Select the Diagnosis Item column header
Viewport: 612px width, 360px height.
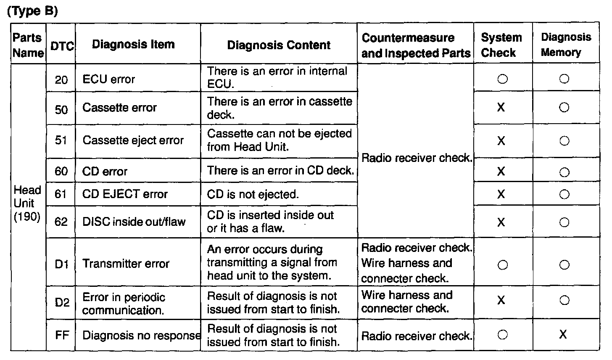click(133, 44)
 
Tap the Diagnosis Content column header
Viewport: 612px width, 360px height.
click(279, 45)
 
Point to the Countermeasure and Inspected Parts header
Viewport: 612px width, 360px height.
click(416, 45)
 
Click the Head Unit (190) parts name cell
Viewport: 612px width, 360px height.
click(28, 204)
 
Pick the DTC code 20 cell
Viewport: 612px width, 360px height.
click(61, 79)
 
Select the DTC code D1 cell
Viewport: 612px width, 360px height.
click(61, 264)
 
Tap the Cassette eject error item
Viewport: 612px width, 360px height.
click(133, 140)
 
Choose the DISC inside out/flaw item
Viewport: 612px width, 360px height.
click(134, 222)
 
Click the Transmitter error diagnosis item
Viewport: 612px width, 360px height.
click(126, 264)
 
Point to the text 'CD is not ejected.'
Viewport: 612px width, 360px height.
click(253, 195)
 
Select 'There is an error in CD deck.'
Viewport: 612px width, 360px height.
click(280, 171)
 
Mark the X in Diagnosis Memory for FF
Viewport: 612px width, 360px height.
click(563, 334)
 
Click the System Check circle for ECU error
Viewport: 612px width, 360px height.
click(503, 79)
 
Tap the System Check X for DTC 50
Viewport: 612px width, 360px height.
click(501, 108)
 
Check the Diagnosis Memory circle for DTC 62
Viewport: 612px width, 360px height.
click(565, 222)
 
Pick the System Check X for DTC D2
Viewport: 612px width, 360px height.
click(501, 300)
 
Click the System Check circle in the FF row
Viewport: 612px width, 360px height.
click(502, 335)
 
